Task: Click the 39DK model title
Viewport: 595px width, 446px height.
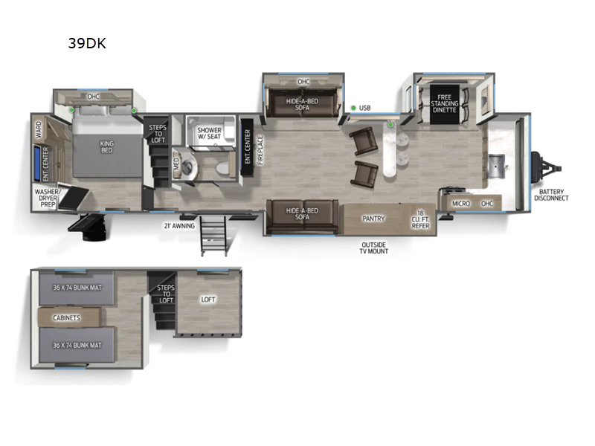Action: point(87,43)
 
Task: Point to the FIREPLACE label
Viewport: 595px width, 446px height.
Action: point(260,149)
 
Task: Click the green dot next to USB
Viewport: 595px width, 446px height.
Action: point(353,108)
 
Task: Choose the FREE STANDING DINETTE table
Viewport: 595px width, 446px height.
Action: point(444,104)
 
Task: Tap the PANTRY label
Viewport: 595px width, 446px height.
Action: point(373,219)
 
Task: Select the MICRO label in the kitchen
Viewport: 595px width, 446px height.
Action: point(461,202)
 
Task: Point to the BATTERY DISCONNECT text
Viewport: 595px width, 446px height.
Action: point(551,195)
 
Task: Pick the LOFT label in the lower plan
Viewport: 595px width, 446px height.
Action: point(208,300)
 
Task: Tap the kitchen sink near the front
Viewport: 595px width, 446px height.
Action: point(497,161)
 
